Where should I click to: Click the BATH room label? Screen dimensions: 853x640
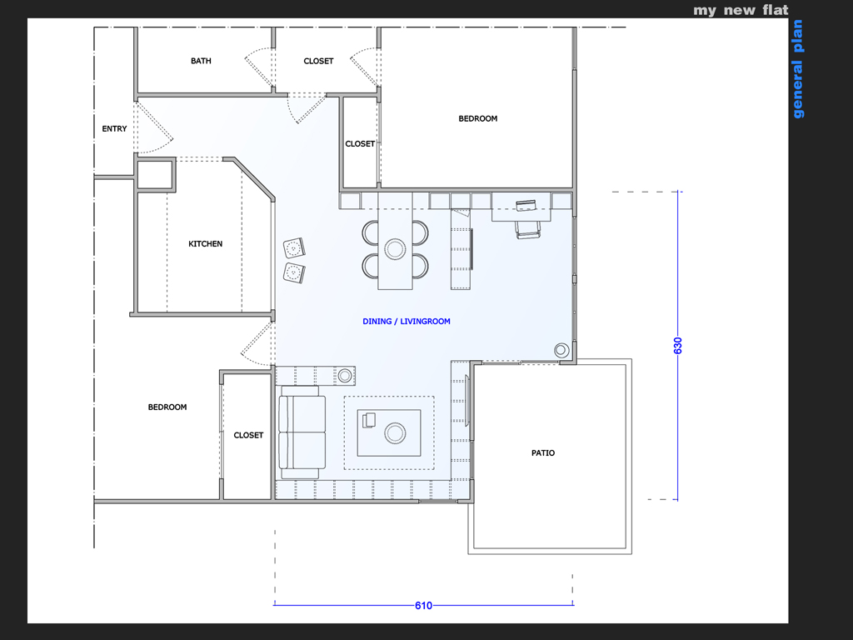201,61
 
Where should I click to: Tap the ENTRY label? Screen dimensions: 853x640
114,129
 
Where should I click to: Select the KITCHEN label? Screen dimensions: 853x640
205,244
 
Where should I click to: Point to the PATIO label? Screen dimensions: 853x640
543,452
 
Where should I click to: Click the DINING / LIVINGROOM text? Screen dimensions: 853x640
407,322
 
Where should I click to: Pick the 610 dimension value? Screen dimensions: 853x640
423,606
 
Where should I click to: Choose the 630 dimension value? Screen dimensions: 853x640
678,346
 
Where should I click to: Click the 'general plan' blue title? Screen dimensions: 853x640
797,69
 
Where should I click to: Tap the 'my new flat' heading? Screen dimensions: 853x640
741,10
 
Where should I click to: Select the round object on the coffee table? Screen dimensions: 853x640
395,433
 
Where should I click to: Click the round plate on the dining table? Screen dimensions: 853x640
395,249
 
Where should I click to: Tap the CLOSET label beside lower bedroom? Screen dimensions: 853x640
248,435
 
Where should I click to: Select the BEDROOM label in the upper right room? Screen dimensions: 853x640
477,118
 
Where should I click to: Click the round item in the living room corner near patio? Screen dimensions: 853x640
561,350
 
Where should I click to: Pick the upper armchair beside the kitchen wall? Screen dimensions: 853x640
294,248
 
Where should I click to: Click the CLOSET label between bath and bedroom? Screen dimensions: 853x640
318,61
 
